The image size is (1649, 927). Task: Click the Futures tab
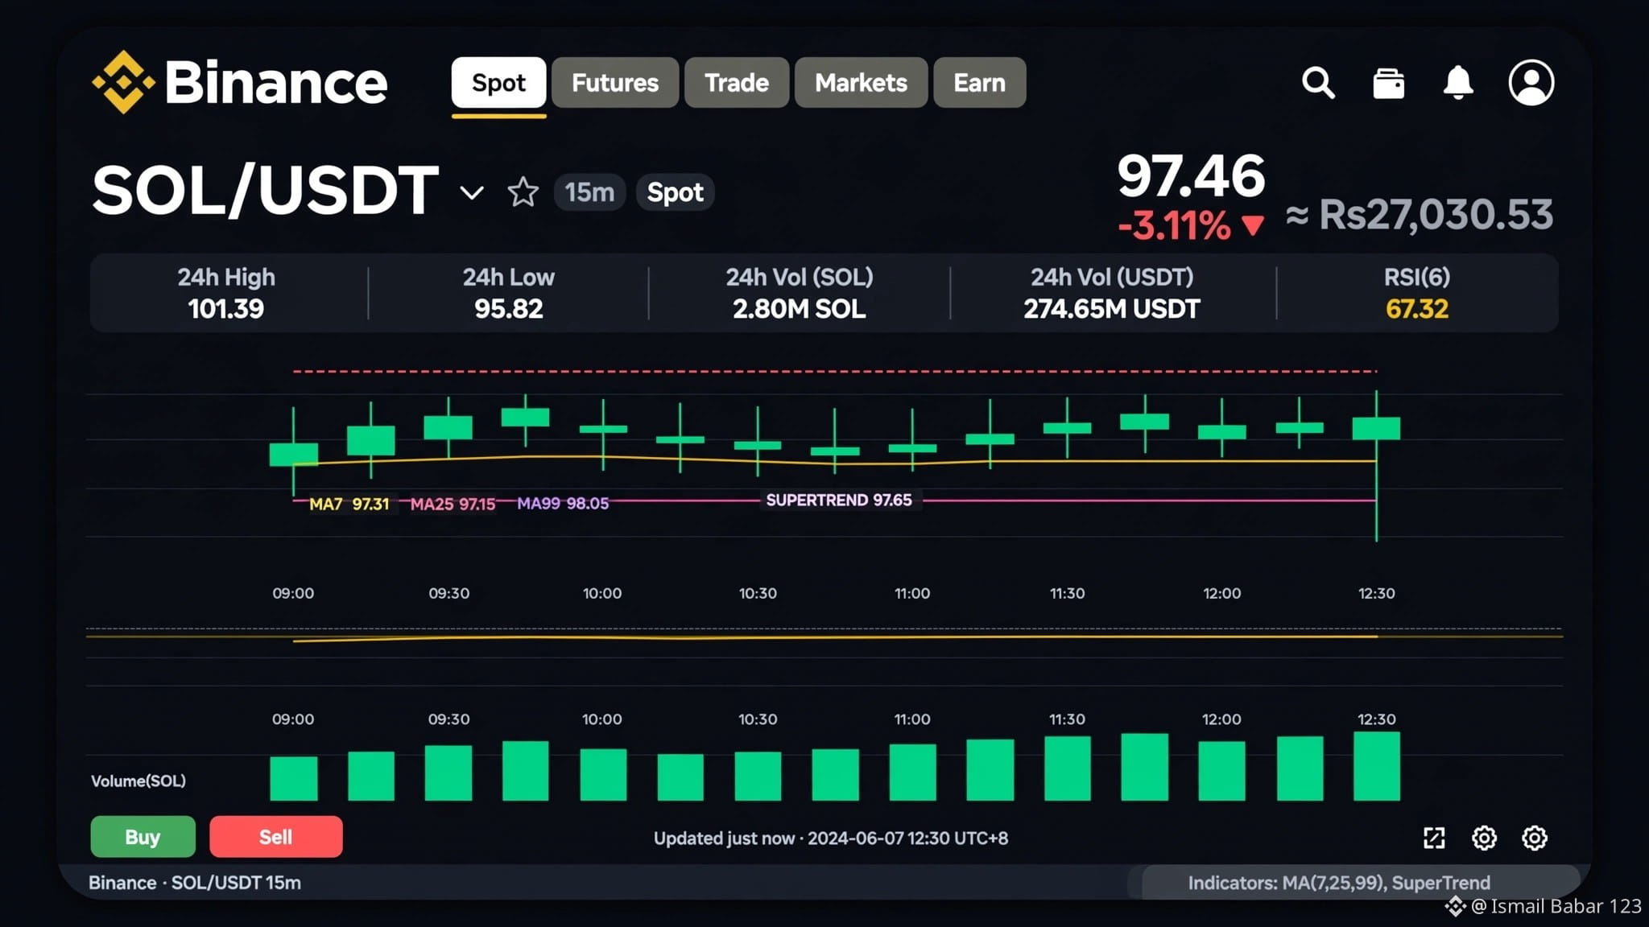coord(615,82)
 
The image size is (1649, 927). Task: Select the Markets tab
coord(861,82)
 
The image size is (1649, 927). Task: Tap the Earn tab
coord(979,82)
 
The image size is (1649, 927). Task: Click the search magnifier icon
coord(1319,82)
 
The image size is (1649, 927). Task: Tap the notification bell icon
coord(1458,82)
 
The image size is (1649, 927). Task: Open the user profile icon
coord(1531,82)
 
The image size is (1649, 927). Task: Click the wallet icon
coord(1389,83)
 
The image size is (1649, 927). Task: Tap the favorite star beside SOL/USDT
coord(523,192)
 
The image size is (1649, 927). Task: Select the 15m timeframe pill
coord(589,192)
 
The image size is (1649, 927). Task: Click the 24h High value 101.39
coord(226,308)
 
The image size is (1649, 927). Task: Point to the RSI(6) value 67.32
coord(1417,308)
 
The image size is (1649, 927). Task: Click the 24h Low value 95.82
coord(509,308)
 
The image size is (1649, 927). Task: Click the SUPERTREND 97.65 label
coord(839,500)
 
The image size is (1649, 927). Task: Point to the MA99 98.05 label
coord(563,504)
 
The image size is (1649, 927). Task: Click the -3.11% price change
coord(1175,225)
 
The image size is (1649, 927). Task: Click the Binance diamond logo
coord(123,82)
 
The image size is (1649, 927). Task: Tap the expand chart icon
coord(1434,838)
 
